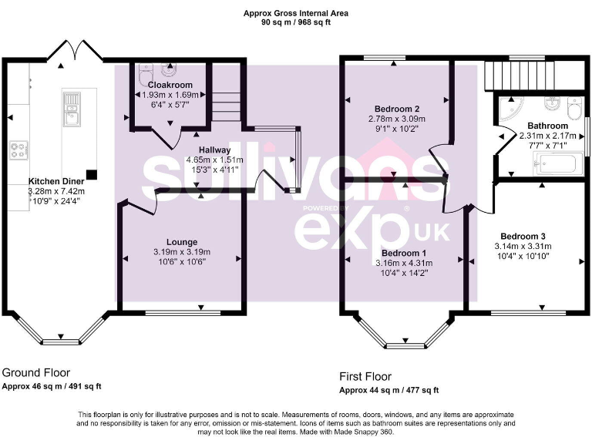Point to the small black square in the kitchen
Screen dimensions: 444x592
[92, 175]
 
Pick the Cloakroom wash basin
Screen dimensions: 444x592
[145, 70]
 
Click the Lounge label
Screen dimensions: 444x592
[181, 242]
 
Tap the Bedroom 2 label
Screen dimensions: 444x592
[396, 109]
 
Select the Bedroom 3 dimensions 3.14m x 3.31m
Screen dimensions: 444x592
[523, 247]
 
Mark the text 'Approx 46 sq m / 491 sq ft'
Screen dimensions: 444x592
[52, 386]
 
